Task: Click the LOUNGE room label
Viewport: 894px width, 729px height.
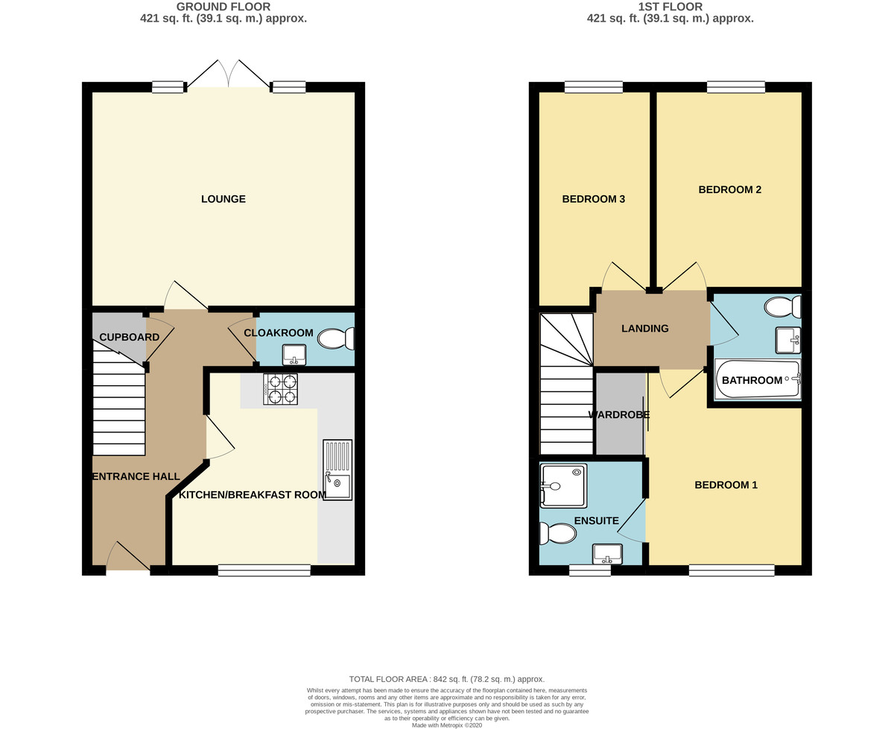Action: click(x=223, y=199)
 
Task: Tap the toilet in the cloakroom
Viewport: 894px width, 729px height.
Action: click(x=336, y=338)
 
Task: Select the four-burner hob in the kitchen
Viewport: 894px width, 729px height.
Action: click(x=280, y=389)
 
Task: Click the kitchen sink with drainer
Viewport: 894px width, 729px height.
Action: click(x=337, y=470)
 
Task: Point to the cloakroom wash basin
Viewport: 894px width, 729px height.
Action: click(x=294, y=355)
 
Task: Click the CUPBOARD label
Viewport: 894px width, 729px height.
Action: click(x=130, y=337)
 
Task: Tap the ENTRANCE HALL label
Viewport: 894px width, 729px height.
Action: click(x=136, y=476)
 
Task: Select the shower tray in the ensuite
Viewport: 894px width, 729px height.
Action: click(x=563, y=485)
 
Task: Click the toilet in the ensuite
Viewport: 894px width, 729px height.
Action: click(x=557, y=534)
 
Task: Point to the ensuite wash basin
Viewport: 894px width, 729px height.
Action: click(x=607, y=555)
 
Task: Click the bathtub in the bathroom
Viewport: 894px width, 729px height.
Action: click(x=758, y=379)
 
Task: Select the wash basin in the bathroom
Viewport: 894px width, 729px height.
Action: click(x=788, y=341)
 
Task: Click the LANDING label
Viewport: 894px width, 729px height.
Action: click(x=645, y=329)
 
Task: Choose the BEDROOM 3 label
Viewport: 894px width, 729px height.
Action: click(x=594, y=199)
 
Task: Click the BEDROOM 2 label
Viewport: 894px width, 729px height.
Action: click(x=730, y=190)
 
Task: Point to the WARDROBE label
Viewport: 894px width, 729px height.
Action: click(x=619, y=415)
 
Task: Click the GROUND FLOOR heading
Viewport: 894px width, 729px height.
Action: click(x=223, y=7)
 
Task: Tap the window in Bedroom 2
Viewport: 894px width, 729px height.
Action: click(x=736, y=87)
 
